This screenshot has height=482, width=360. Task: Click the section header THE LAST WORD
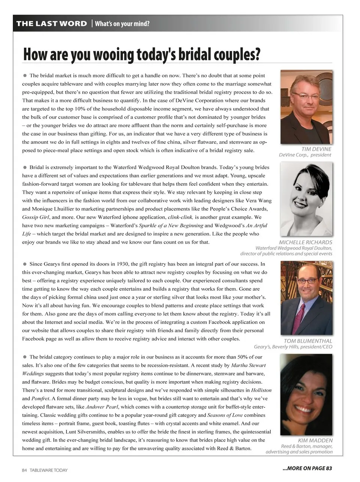point(51,24)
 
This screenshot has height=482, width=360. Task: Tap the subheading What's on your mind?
point(122,24)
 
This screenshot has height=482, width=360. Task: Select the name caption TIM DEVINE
point(316,149)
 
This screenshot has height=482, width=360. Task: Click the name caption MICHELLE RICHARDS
point(305,242)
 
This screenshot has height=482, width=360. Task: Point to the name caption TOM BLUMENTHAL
point(307,341)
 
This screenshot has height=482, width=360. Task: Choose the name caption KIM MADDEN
point(315,440)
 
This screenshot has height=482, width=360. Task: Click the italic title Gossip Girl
point(35,217)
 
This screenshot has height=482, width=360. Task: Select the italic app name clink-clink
point(180,217)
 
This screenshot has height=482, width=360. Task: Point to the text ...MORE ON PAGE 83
point(307,468)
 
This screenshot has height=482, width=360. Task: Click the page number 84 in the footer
point(25,470)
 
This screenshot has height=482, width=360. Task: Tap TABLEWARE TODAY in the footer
point(49,470)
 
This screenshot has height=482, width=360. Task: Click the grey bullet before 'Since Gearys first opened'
point(25,264)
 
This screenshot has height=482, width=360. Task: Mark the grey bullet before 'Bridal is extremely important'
point(25,167)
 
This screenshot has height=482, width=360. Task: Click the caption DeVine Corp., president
point(305,155)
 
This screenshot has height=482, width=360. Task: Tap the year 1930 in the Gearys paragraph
point(123,264)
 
